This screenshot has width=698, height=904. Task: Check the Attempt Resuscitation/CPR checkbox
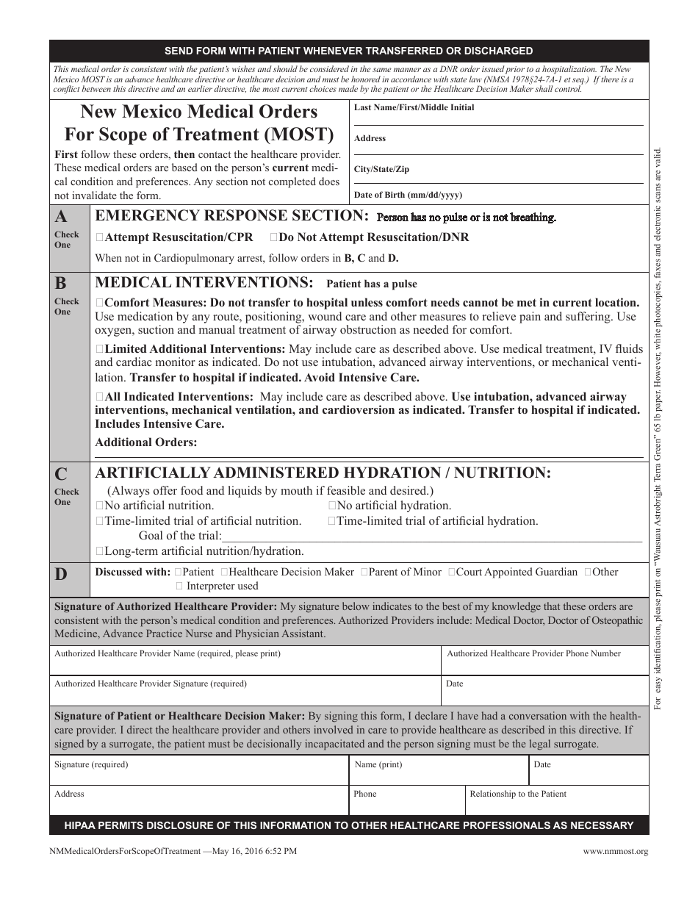(100, 237)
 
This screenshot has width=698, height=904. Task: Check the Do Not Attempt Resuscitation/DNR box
(274, 237)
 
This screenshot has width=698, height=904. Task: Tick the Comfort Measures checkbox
(100, 303)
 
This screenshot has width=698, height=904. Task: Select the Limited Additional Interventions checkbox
(100, 349)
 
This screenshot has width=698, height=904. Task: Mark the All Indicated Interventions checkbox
(100, 397)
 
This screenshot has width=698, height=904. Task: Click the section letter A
(62, 217)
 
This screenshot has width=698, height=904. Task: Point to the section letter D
(62, 575)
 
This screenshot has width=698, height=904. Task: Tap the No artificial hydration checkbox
(332, 506)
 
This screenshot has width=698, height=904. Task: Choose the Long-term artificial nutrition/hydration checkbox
(100, 551)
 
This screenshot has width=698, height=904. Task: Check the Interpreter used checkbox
(179, 586)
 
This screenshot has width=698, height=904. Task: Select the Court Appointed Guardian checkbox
(451, 572)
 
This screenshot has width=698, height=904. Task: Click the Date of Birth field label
(408, 195)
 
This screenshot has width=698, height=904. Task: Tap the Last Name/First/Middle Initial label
(414, 107)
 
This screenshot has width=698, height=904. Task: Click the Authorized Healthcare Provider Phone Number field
(544, 666)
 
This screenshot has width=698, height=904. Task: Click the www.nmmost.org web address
(616, 852)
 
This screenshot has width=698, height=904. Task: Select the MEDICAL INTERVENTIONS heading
(204, 283)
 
